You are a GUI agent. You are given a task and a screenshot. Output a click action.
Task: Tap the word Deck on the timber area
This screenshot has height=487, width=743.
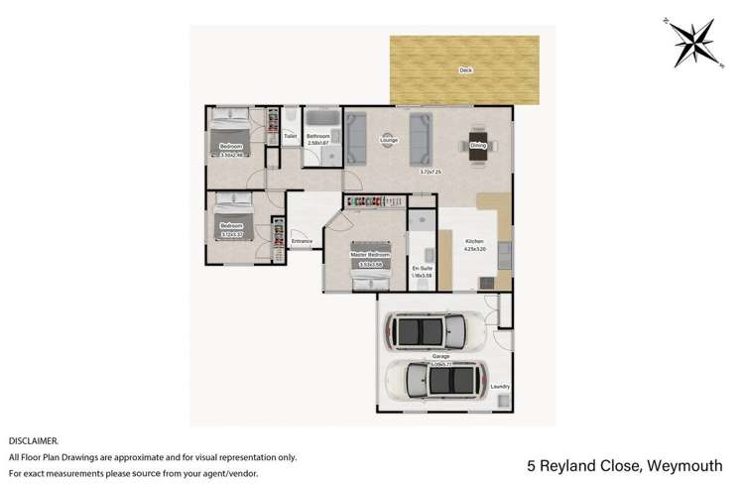(465, 70)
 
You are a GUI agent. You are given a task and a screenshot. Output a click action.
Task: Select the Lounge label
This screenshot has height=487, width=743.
(389, 141)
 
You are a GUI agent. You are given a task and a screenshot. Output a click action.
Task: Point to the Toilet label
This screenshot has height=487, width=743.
(290, 136)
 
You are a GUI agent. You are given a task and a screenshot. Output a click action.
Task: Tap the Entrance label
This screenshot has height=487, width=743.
(302, 241)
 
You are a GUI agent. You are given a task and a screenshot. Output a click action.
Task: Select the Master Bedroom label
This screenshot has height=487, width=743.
(366, 255)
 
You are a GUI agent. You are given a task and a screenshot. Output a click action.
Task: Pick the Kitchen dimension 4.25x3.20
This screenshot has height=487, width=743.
(473, 248)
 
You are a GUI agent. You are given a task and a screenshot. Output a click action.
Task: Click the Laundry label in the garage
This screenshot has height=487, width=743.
(500, 387)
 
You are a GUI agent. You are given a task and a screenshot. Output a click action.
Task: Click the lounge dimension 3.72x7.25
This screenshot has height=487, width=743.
(430, 172)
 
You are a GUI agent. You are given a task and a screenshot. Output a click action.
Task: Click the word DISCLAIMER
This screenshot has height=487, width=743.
(34, 439)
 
